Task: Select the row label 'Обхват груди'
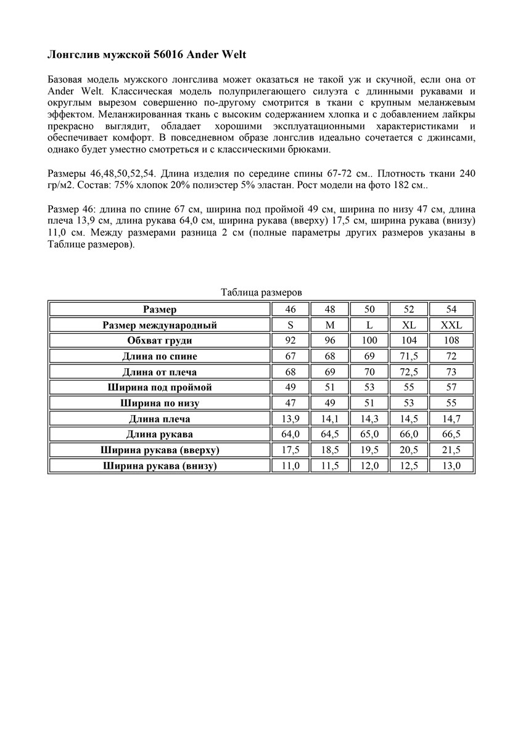pyautogui.click(x=160, y=340)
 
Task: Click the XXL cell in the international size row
pyautogui.click(x=451, y=325)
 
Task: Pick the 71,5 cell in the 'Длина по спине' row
pyautogui.click(x=409, y=356)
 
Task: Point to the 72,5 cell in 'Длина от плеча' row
pyautogui.click(x=409, y=372)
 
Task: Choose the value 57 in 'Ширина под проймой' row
pyautogui.click(x=451, y=388)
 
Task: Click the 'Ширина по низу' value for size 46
pyautogui.click(x=290, y=403)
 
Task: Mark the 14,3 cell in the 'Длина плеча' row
pyautogui.click(x=369, y=419)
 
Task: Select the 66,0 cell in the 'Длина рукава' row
pyautogui.click(x=409, y=435)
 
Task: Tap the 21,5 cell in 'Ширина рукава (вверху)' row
pyautogui.click(x=451, y=450)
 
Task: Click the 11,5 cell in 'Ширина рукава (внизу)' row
pyautogui.click(x=330, y=466)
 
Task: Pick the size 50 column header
pyautogui.click(x=369, y=309)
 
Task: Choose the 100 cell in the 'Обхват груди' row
pyautogui.click(x=369, y=340)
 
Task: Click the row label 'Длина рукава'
pyautogui.click(x=160, y=435)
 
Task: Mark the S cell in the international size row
pyautogui.click(x=290, y=325)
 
